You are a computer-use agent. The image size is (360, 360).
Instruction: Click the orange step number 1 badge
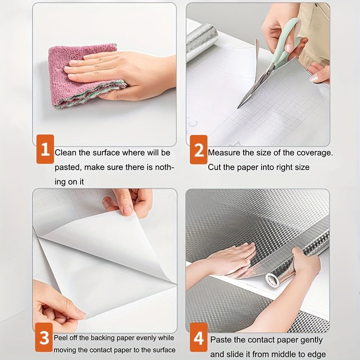(x=45, y=149)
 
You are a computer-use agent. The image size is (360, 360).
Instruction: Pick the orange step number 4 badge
(x=198, y=337)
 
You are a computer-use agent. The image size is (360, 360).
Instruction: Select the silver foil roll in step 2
(x=202, y=40)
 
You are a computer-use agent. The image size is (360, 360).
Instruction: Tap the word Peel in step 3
(x=61, y=338)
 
